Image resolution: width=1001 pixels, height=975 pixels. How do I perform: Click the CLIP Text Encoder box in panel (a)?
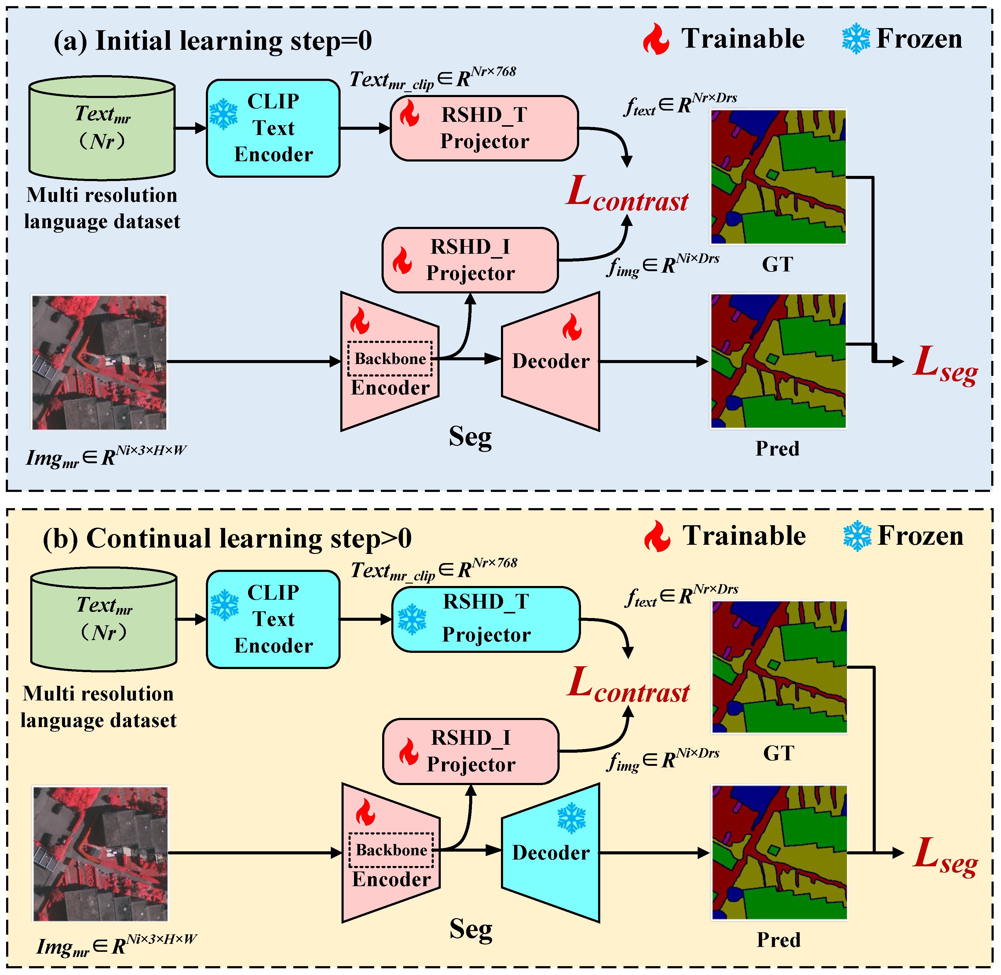click(x=273, y=128)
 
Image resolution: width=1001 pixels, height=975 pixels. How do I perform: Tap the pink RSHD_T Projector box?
click(x=484, y=128)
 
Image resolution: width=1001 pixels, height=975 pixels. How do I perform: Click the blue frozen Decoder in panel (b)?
click(x=551, y=853)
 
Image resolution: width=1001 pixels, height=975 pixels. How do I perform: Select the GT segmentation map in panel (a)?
click(x=778, y=177)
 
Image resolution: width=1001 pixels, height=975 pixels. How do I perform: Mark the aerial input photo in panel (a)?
click(x=99, y=362)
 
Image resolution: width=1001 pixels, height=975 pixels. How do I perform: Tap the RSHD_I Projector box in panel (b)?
click(x=471, y=751)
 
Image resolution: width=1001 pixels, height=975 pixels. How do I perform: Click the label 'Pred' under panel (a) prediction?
click(x=777, y=449)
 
